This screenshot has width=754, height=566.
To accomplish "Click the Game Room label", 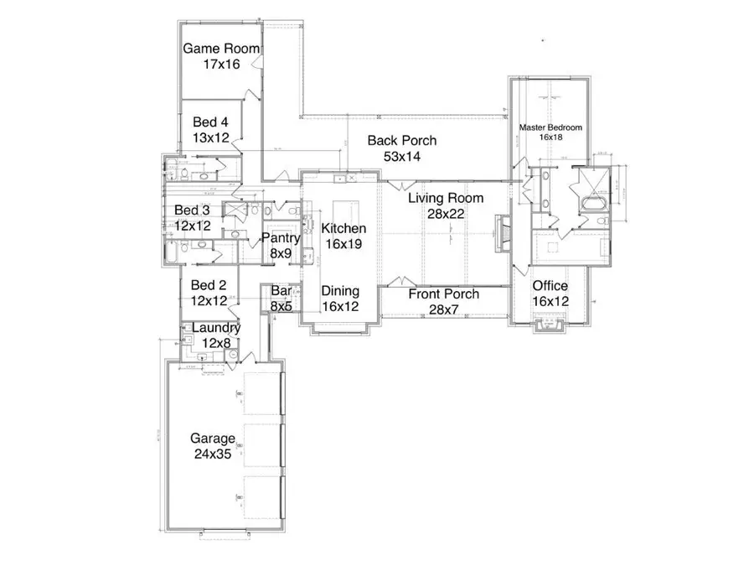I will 221,49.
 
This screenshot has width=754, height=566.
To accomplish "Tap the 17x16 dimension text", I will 221,64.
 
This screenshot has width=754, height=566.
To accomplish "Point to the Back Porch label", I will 401,141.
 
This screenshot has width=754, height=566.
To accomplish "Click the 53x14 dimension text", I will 401,156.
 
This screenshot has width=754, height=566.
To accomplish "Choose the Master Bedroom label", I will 550,127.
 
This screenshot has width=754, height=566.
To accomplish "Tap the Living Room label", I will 446,199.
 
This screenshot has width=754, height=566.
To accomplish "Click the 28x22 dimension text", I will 446,214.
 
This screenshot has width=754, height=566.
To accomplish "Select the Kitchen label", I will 344,228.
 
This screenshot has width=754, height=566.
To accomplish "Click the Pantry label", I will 281,238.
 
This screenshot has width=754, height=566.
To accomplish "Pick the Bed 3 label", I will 192,210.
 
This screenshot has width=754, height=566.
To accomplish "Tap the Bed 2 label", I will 209,285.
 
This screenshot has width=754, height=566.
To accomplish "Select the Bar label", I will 281,292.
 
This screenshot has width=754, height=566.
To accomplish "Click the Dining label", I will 341,291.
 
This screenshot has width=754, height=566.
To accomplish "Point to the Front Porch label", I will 443,294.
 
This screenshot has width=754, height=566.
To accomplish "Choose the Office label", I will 550,287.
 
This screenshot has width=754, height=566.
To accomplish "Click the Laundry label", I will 216,327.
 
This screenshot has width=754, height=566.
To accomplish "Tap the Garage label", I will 211,439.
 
